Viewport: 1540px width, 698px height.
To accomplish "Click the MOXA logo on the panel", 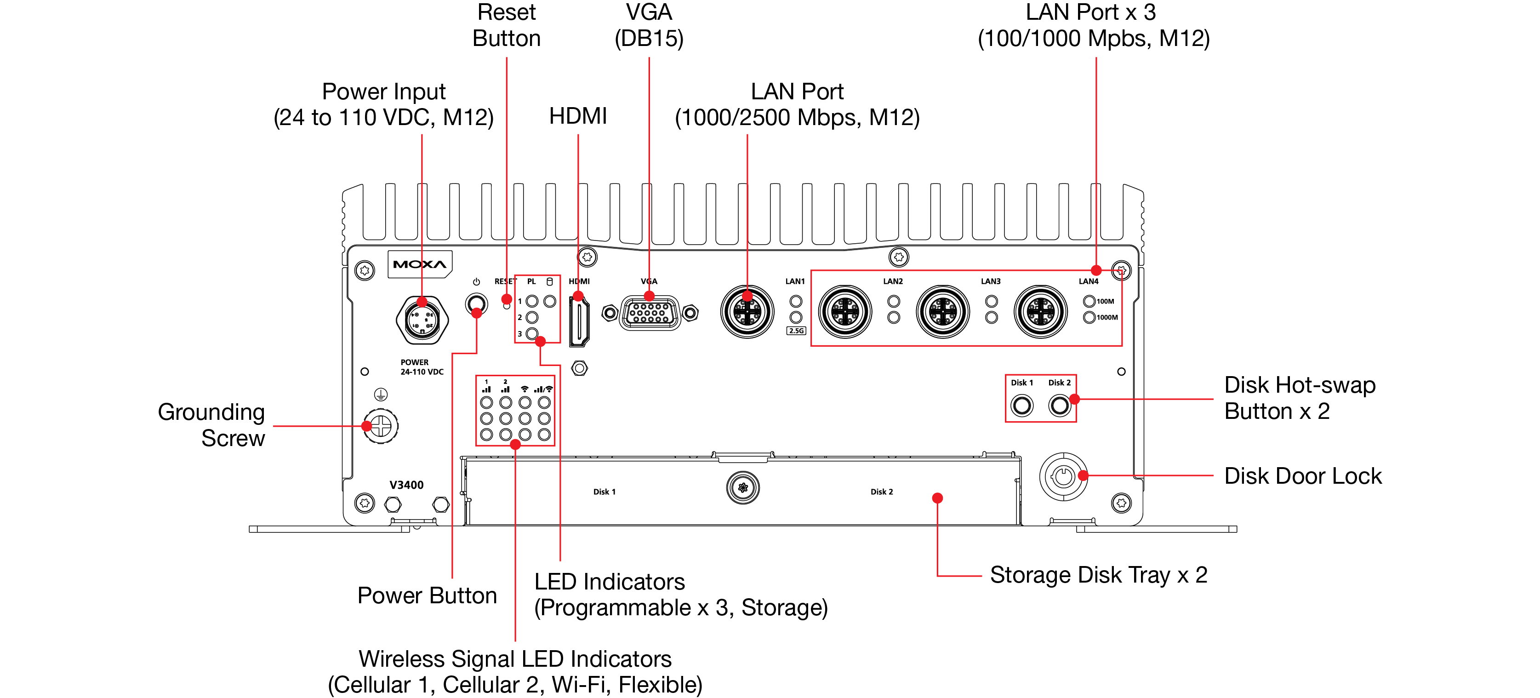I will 420,264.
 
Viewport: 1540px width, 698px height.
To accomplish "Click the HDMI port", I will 579,322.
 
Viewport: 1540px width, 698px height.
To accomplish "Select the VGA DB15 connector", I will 650,313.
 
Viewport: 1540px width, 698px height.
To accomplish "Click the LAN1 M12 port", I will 747,312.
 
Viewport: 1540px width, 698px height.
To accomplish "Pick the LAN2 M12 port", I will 845,312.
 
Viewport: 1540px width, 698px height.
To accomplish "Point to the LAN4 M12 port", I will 1040,312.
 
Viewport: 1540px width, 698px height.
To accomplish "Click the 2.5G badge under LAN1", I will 796,331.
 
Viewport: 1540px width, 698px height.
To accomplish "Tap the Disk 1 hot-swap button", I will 1021,406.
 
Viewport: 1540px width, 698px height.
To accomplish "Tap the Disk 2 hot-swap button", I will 1059,406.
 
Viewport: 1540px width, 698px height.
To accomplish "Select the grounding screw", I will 381,426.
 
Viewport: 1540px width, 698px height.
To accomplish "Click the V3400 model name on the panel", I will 406,485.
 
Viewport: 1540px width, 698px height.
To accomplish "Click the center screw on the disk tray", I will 742,488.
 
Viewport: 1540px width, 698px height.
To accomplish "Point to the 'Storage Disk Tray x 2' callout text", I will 1098,575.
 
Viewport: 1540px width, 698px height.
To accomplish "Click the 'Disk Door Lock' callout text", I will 1303,476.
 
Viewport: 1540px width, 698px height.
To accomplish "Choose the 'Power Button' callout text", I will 427,596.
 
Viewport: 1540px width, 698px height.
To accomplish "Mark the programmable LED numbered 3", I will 532,334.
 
